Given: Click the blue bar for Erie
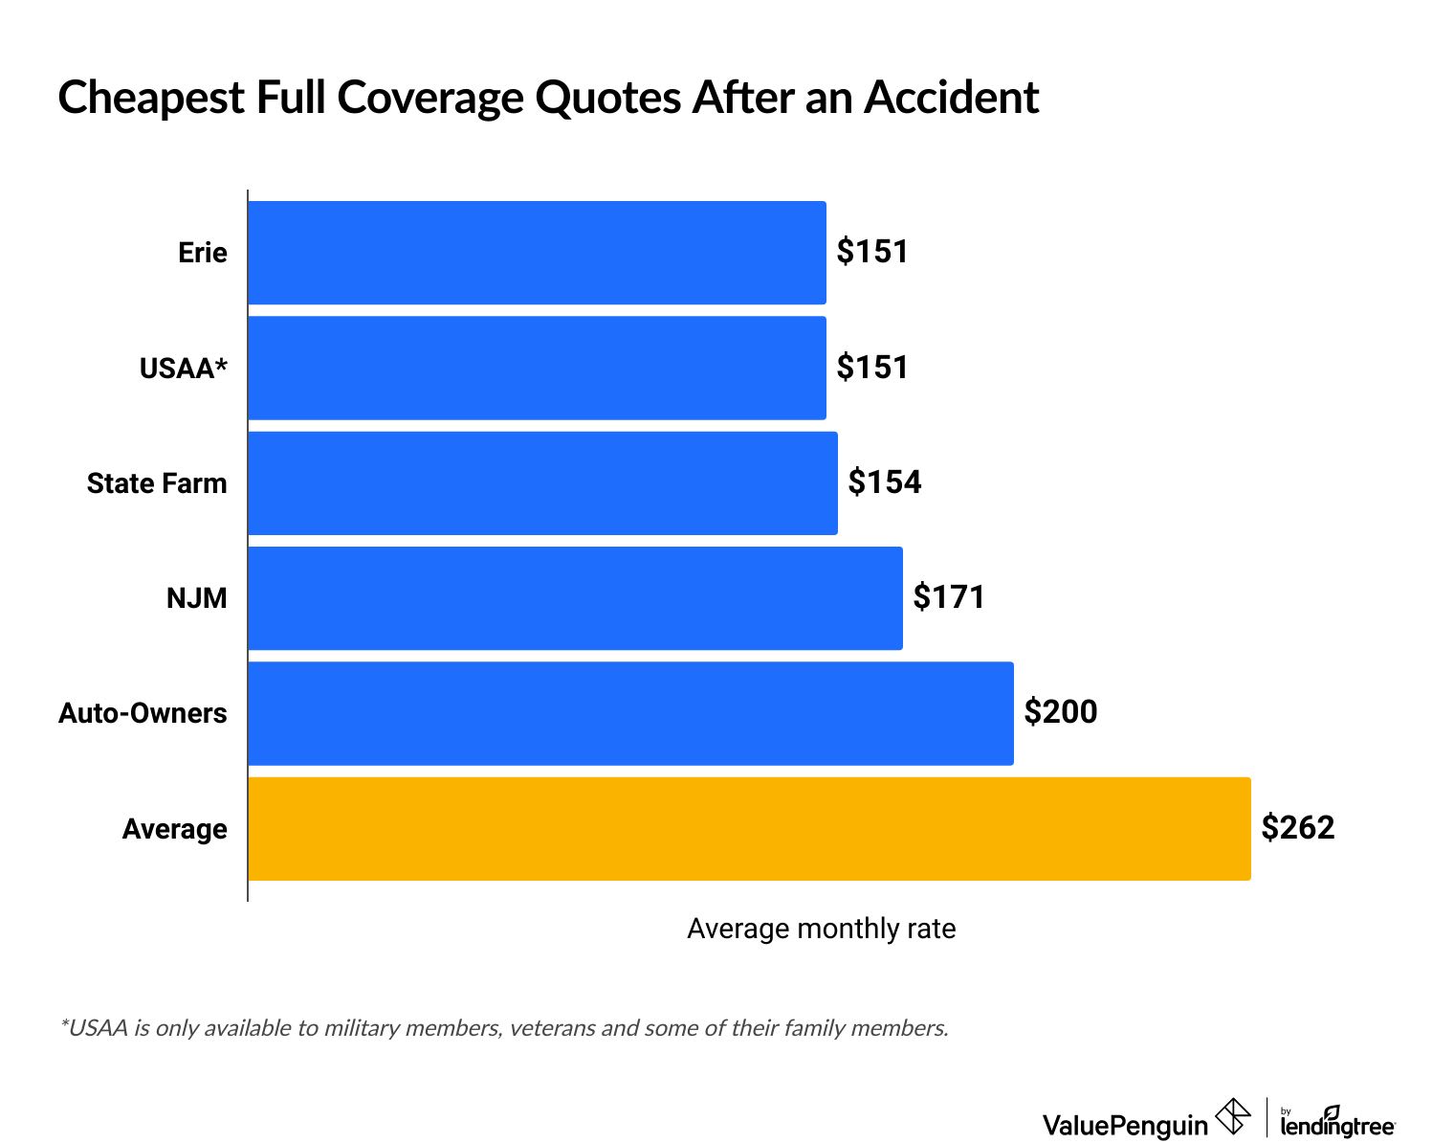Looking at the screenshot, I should click(537, 253).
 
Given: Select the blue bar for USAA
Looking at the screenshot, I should click(537, 368).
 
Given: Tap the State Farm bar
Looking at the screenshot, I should click(542, 482).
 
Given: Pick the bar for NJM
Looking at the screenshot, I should click(575, 598).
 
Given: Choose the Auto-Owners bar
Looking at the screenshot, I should click(630, 713).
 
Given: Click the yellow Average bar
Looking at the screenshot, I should click(749, 829).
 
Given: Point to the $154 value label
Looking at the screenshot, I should click(885, 482).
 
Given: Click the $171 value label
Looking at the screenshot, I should click(949, 597).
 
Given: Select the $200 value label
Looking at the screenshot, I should click(1061, 712).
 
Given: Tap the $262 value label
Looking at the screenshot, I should click(1298, 828).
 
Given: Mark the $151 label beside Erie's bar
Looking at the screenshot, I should click(872, 252).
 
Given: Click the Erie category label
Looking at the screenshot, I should click(203, 254).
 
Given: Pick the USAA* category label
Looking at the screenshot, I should click(184, 369).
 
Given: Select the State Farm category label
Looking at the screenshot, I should click(157, 483).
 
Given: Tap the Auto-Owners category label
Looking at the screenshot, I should click(143, 714).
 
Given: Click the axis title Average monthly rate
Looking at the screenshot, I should click(821, 930).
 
